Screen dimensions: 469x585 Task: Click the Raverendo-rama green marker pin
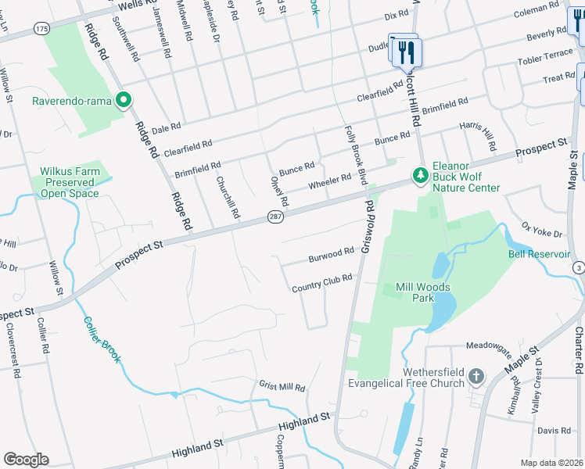(123, 100)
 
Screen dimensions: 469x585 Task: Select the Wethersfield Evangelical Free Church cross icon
(476, 378)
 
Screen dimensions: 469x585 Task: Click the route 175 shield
(41, 28)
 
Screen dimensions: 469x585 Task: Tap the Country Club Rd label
(322, 283)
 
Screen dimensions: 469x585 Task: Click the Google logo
(26, 460)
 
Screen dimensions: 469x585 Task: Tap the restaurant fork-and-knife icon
(407, 53)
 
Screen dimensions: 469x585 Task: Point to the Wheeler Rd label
(329, 181)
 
